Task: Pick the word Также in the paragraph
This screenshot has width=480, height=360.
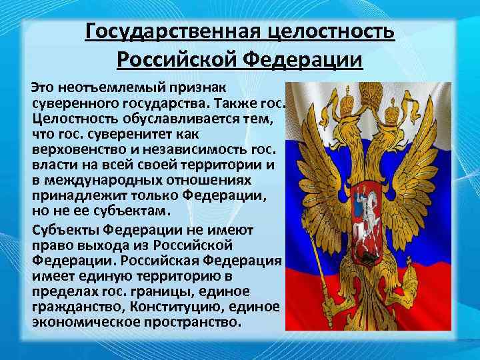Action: click(231, 103)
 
